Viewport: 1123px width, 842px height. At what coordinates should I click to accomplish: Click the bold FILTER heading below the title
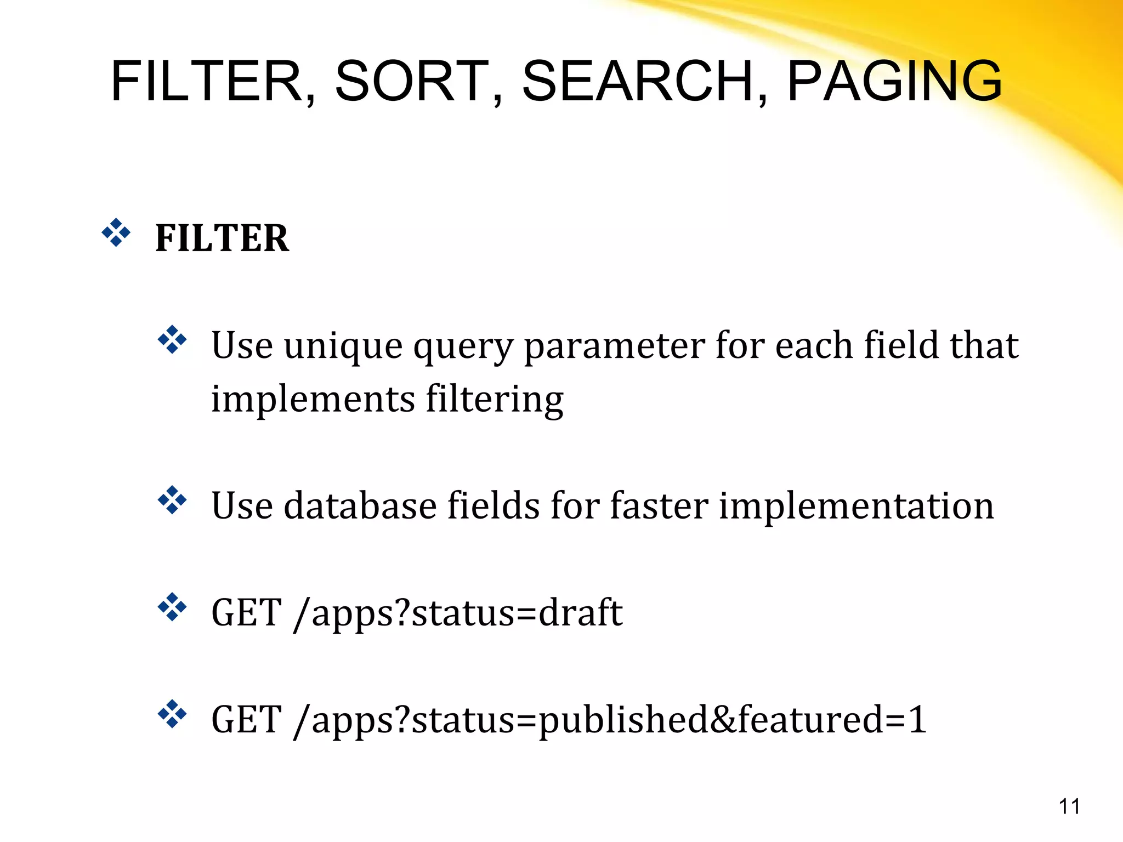(x=222, y=238)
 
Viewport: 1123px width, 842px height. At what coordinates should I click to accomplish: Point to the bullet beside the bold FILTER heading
(x=116, y=233)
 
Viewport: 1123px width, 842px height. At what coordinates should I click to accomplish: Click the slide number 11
(x=1069, y=807)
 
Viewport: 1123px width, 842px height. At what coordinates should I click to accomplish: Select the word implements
(x=313, y=399)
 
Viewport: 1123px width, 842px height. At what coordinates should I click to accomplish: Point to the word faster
(x=659, y=505)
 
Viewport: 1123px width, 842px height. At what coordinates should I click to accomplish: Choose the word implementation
(x=856, y=505)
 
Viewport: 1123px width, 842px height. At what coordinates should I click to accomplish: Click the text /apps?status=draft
(x=458, y=613)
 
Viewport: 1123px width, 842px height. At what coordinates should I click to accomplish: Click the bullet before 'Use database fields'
(x=172, y=500)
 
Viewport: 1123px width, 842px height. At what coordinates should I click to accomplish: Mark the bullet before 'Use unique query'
(x=172, y=340)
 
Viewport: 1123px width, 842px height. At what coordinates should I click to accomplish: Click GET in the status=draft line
(x=247, y=613)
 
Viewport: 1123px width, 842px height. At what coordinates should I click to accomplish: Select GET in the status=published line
(x=247, y=720)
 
